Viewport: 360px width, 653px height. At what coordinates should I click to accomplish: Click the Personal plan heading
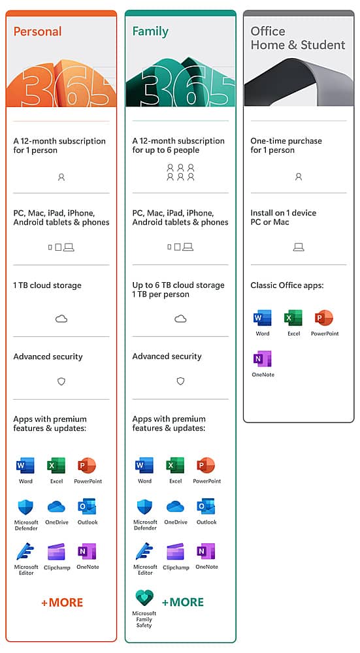click(x=37, y=31)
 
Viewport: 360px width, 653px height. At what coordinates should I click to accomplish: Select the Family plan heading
click(x=150, y=31)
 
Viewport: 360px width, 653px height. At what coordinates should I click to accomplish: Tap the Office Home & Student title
click(x=297, y=39)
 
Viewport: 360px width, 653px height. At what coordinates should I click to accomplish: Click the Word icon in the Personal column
click(x=25, y=466)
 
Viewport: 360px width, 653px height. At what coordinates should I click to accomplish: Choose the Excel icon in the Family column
click(x=175, y=466)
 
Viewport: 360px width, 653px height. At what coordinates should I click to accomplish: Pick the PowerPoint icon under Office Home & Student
click(x=324, y=318)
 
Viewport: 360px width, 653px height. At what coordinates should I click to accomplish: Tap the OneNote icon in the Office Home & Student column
click(x=263, y=358)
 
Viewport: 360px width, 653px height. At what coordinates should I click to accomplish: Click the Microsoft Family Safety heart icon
click(x=144, y=598)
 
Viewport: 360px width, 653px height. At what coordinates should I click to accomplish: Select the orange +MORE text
click(x=62, y=602)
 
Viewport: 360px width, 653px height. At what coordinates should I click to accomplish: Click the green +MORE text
click(x=183, y=602)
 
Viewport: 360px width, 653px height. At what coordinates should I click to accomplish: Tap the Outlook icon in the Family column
click(x=206, y=507)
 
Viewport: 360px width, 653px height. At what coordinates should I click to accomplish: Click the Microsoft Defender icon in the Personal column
click(x=25, y=507)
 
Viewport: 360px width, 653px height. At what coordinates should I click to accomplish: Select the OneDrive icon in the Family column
click(x=175, y=507)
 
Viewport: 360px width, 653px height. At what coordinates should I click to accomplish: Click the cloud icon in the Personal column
click(x=61, y=319)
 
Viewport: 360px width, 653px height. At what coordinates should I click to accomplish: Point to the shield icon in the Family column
click(x=180, y=381)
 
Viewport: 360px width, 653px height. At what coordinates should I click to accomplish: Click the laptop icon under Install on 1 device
click(x=299, y=247)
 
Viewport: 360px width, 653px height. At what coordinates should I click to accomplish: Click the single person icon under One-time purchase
click(x=299, y=176)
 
